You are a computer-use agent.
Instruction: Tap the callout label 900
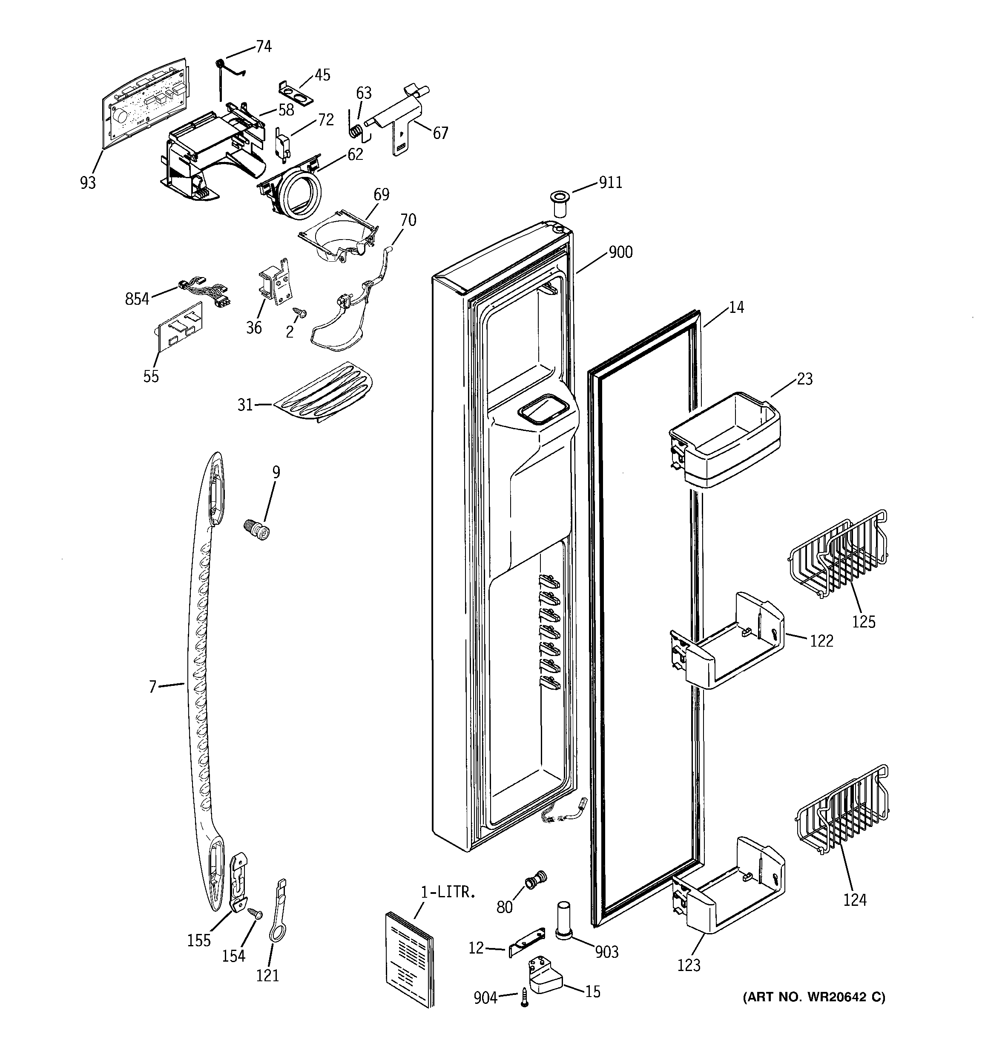620,251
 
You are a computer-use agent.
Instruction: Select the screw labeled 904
525,997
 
